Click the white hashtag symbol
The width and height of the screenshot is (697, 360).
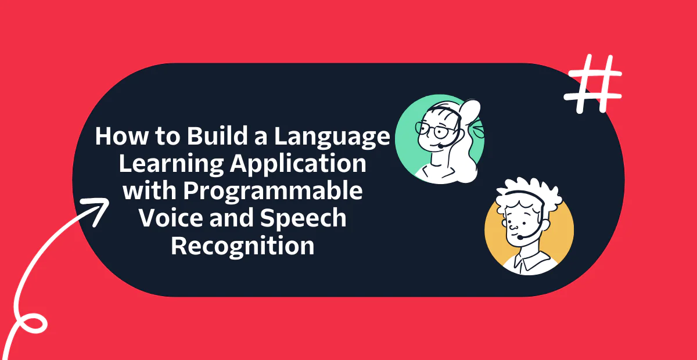point(594,85)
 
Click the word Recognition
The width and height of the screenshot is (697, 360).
point(243,246)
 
